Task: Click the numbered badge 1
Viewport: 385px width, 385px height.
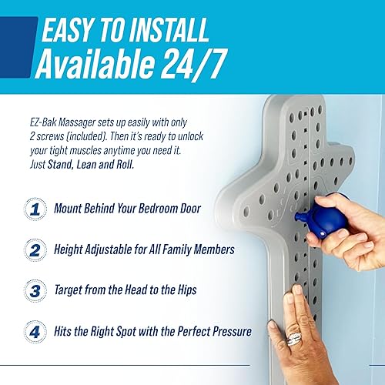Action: pyautogui.click(x=34, y=209)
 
